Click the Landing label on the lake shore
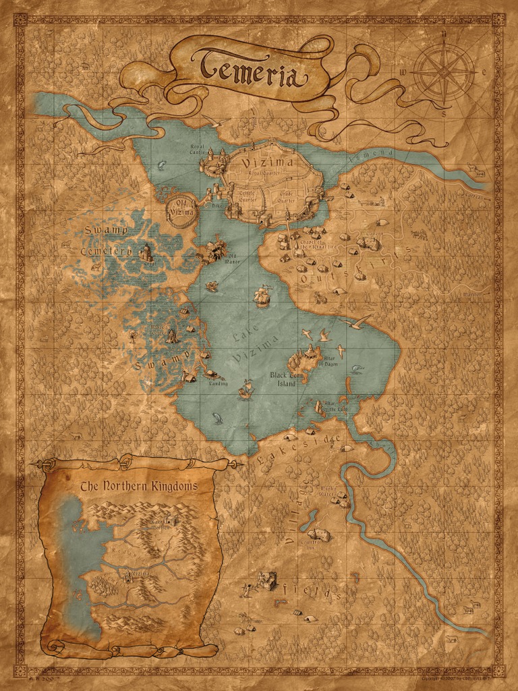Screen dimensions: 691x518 click(219, 384)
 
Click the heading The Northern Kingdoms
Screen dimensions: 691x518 click(138, 485)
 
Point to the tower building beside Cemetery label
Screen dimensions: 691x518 click(146, 252)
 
